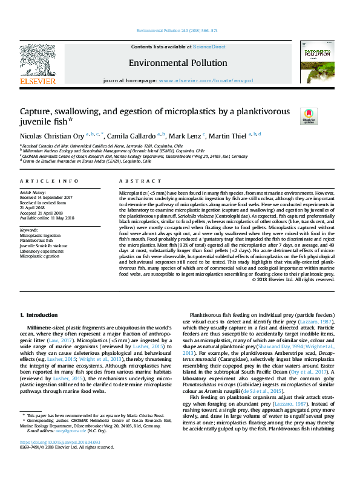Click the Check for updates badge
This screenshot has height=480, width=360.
[309, 115]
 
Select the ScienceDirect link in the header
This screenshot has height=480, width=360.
[209, 47]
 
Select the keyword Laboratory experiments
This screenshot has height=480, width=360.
[43, 251]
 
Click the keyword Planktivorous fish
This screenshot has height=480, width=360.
[37, 241]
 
